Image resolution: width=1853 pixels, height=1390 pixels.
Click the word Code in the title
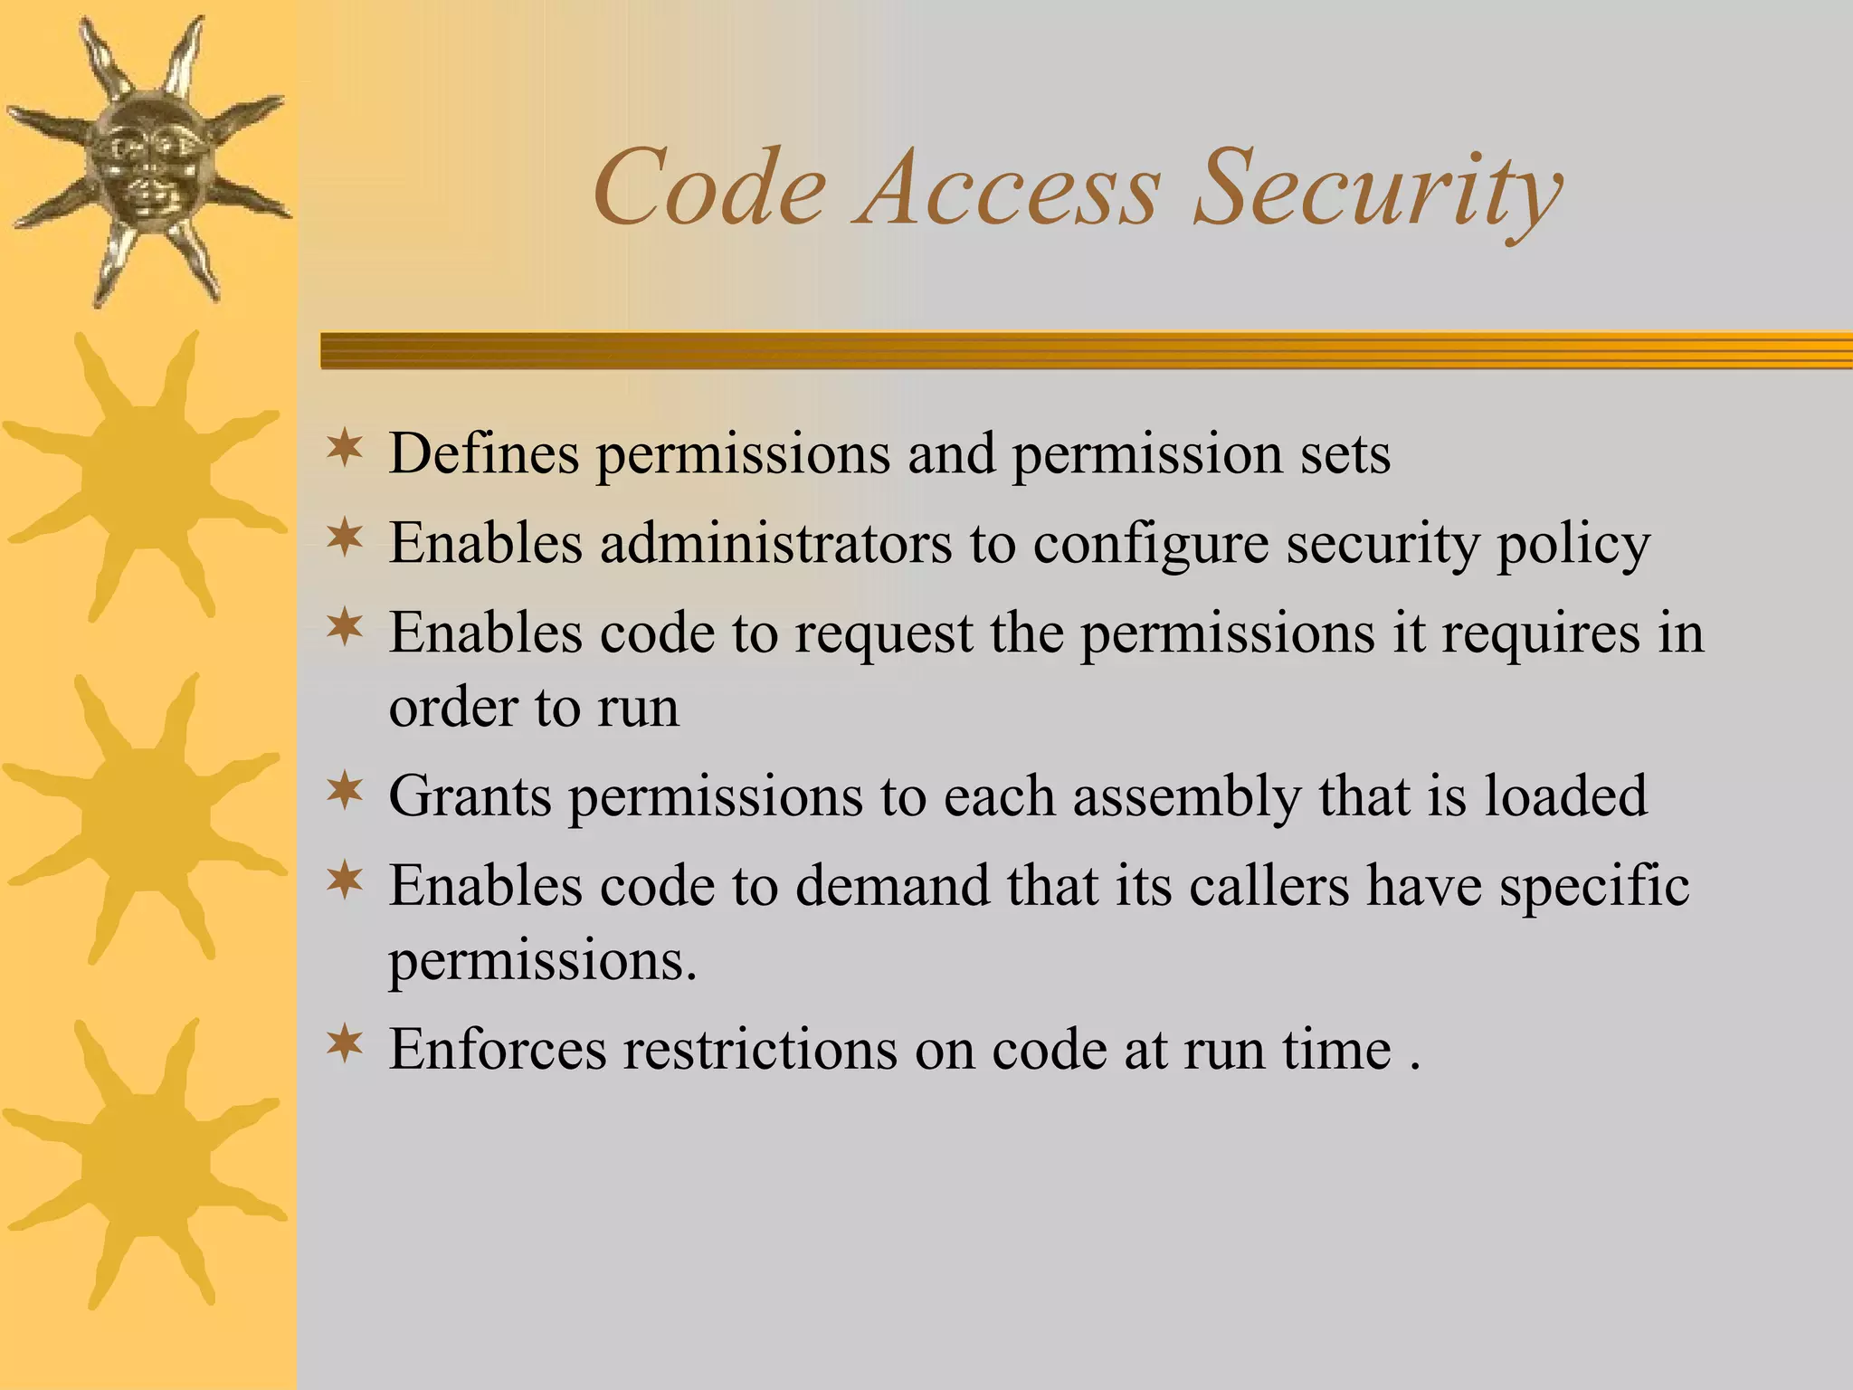pos(709,188)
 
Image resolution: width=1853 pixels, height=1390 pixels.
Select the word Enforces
pos(498,1050)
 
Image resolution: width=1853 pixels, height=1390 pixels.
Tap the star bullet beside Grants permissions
pos(345,792)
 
